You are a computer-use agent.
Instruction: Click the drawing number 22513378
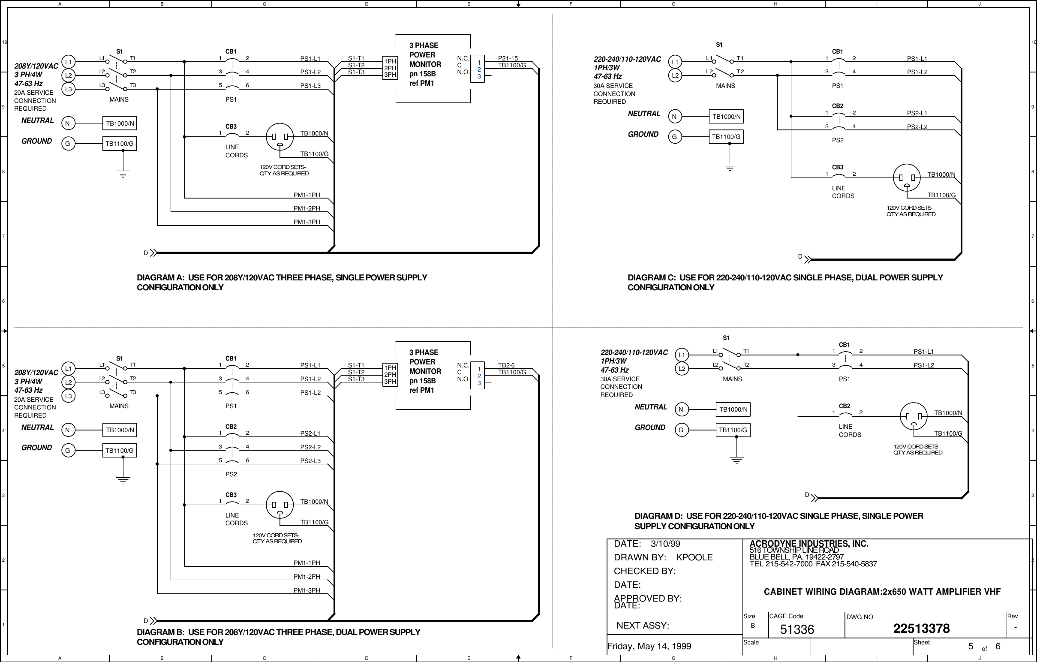[x=921, y=629]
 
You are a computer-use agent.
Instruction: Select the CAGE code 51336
[x=797, y=630]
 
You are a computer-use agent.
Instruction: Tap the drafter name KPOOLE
[x=694, y=557]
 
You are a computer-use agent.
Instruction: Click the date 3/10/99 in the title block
[x=665, y=544]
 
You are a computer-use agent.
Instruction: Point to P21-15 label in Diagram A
[x=508, y=58]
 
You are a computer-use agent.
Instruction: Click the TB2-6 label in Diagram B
[x=506, y=365]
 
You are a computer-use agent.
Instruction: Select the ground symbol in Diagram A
[x=123, y=174]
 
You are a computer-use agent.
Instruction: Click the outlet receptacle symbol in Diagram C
[x=907, y=178]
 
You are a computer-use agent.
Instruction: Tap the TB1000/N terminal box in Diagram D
[x=733, y=409]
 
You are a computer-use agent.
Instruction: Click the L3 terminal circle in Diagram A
[x=68, y=89]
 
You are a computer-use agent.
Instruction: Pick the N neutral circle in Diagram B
[x=68, y=430]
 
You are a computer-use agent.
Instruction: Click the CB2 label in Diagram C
[x=837, y=106]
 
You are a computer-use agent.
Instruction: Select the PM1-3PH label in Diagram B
[x=307, y=590]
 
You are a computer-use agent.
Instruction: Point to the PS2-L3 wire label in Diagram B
[x=310, y=461]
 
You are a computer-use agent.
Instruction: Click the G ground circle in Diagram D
[x=681, y=430]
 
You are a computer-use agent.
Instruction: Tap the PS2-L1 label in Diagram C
[x=917, y=113]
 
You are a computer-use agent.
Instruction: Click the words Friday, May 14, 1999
[x=649, y=646]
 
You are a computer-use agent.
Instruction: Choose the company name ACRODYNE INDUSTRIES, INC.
[x=809, y=544]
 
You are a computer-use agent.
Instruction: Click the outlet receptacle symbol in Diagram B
[x=280, y=505]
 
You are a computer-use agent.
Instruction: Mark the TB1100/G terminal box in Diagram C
[x=726, y=137]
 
